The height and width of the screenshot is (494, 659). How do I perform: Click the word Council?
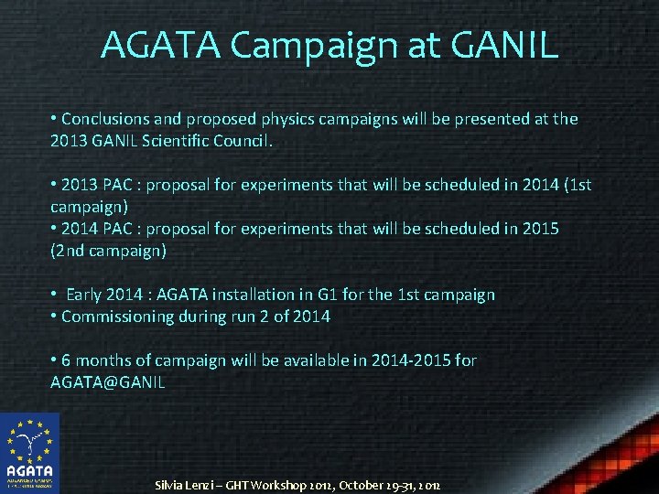pos(244,141)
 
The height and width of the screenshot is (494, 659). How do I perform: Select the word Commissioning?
pos(117,317)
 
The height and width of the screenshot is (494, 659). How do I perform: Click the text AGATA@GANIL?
pos(107,382)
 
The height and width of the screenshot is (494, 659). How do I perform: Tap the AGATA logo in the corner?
pos(29,453)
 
